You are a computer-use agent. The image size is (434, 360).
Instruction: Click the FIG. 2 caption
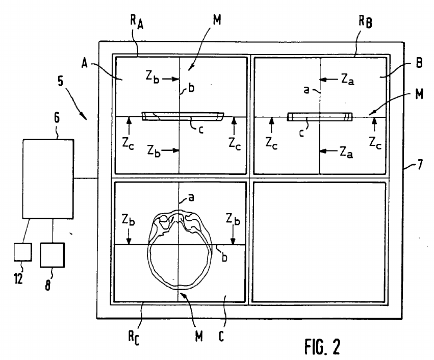[x=322, y=346]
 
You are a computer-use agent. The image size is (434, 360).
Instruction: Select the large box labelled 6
[x=48, y=179]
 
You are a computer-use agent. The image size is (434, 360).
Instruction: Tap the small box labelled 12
[x=23, y=252]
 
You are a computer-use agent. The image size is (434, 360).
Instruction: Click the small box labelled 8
[x=53, y=255]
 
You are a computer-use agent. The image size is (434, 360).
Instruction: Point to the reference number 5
[x=60, y=81]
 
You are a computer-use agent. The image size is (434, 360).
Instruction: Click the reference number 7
[x=420, y=165]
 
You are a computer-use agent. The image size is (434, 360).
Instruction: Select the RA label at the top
[x=137, y=21]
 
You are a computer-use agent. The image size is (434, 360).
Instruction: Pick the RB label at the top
[x=365, y=21]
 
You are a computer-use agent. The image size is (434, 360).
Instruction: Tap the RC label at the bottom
[x=134, y=338]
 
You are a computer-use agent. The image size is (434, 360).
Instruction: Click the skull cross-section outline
[x=149, y=249]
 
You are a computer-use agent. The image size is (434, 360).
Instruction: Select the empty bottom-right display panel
[x=319, y=242]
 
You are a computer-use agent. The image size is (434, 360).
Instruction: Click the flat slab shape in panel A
[x=183, y=116]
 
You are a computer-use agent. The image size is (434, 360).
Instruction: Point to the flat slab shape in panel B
[x=320, y=117]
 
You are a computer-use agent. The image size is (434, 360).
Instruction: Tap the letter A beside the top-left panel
[x=85, y=63]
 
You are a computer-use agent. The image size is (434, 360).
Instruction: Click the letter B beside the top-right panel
[x=419, y=63]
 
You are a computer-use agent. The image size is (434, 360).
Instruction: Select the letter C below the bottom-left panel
[x=221, y=336]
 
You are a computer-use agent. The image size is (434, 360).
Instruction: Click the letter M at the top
[x=217, y=19]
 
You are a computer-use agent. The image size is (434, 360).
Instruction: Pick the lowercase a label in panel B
[x=306, y=90]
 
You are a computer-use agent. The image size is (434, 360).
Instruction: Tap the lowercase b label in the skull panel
[x=224, y=258]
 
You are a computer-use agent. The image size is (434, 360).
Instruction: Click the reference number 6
[x=57, y=118]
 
